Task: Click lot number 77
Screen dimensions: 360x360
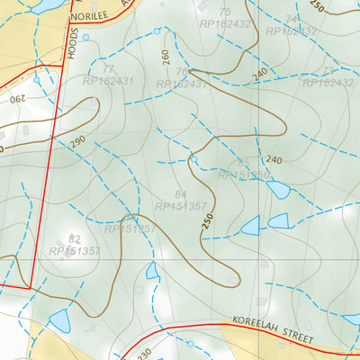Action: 109,69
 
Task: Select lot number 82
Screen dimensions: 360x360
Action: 75,239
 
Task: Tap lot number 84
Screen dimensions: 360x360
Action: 181,194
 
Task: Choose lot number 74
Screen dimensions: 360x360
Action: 291,19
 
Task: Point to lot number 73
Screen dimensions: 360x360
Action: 328,70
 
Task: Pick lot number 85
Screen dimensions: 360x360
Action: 244,163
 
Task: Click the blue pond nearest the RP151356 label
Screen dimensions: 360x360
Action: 278,189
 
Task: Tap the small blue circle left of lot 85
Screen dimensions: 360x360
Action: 193,159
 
